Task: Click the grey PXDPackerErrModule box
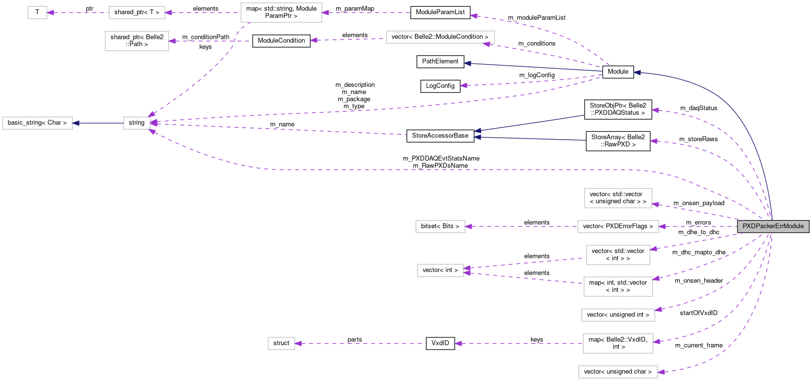pyautogui.click(x=773, y=226)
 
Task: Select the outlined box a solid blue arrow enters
pyautogui.click(x=37, y=123)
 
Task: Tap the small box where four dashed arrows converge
pyautogui.click(x=137, y=123)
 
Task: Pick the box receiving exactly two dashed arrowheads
pyautogui.click(x=440, y=270)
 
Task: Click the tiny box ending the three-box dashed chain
pyautogui.click(x=37, y=13)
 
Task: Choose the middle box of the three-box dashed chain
pyautogui.click(x=137, y=13)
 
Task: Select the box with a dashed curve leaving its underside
pyautogui.click(x=281, y=13)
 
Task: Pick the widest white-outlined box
pyautogui.click(x=440, y=37)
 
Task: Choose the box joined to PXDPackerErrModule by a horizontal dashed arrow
pyautogui.click(x=618, y=226)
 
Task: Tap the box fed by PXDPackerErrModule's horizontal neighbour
pyautogui.click(x=440, y=226)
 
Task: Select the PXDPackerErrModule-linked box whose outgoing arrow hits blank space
pyautogui.click(x=618, y=344)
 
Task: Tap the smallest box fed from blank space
pyautogui.click(x=281, y=343)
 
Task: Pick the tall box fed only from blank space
pyautogui.click(x=137, y=41)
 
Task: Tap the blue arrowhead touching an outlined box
pyautogui.click(x=76, y=123)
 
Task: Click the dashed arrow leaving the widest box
pyautogui.click(x=349, y=39)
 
